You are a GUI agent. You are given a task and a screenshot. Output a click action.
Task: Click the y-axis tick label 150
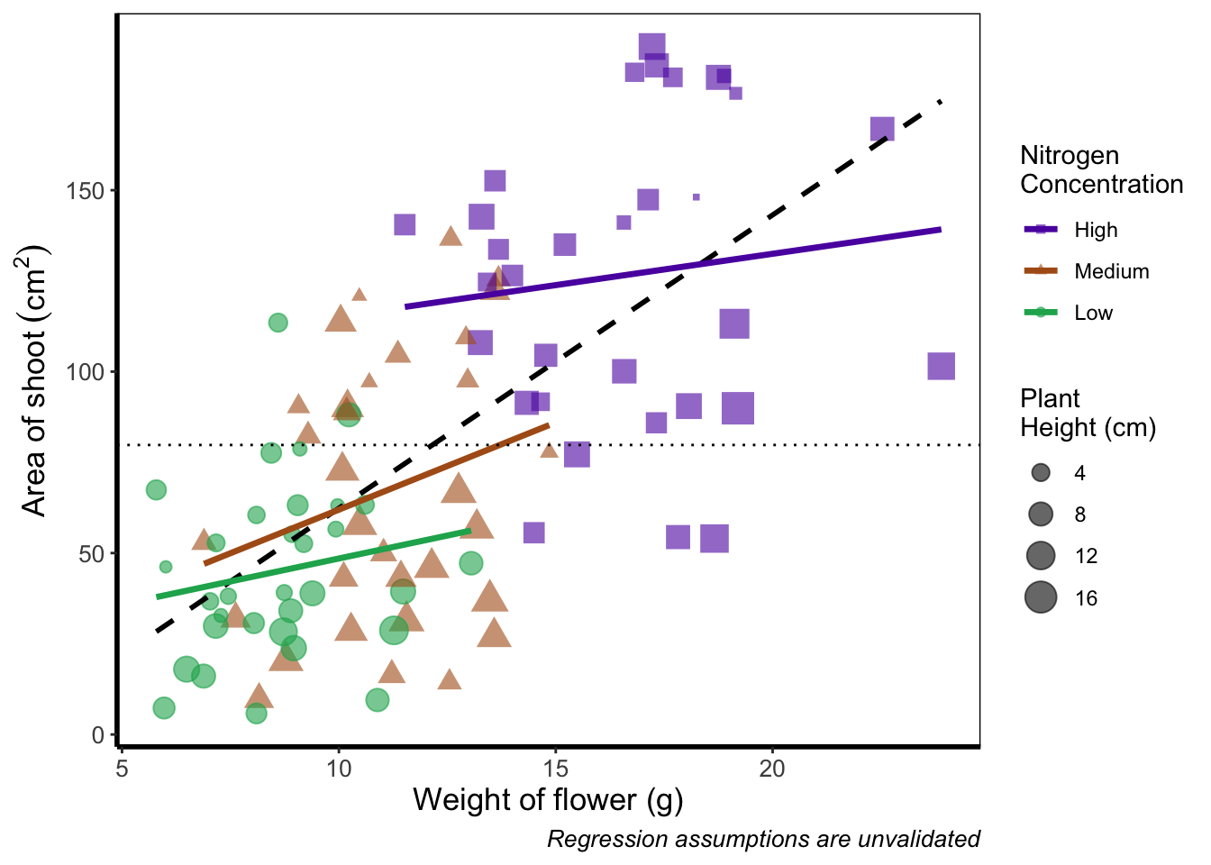[x=86, y=191]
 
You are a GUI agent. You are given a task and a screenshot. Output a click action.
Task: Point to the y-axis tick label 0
[x=97, y=735]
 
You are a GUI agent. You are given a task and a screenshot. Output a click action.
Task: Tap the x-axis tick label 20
[x=772, y=769]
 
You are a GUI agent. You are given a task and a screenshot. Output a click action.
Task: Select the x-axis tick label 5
[x=122, y=769]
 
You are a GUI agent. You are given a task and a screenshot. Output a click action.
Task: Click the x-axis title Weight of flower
[x=548, y=799]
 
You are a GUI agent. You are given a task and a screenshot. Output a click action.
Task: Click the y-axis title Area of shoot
[x=35, y=380]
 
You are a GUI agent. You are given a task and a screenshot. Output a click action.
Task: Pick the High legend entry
[x=1096, y=230]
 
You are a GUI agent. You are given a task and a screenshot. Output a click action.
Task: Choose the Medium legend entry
[x=1111, y=271]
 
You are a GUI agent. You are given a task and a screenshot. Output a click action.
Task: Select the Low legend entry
[x=1093, y=313]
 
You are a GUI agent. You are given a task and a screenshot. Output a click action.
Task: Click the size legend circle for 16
[x=1041, y=597]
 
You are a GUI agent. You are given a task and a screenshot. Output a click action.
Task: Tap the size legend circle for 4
[x=1041, y=473]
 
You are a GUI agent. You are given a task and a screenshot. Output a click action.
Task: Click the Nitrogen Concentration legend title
[x=1101, y=169]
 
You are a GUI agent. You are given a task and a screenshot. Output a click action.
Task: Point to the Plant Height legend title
[x=1088, y=413]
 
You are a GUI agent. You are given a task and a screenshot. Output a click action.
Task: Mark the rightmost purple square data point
[x=941, y=367]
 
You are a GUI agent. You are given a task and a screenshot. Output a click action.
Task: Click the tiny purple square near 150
[x=697, y=196]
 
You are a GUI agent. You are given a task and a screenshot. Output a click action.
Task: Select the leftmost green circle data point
[x=156, y=490]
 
